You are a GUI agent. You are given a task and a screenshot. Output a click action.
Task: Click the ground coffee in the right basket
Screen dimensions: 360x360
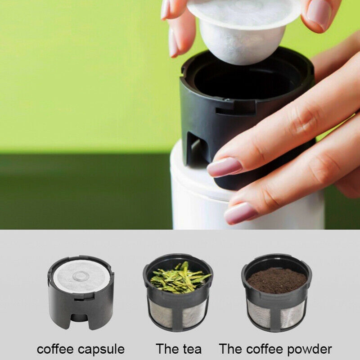pyautogui.click(x=276, y=280)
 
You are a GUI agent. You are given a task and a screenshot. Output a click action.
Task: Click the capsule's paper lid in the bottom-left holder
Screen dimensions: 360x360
pyautogui.click(x=81, y=275)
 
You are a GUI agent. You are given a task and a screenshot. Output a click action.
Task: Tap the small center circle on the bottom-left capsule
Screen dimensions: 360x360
pyautogui.click(x=81, y=275)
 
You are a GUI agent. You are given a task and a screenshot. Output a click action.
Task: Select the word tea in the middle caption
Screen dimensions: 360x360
pyautogui.click(x=191, y=349)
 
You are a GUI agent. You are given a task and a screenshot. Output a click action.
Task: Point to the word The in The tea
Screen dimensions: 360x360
pyautogui.click(x=166, y=349)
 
